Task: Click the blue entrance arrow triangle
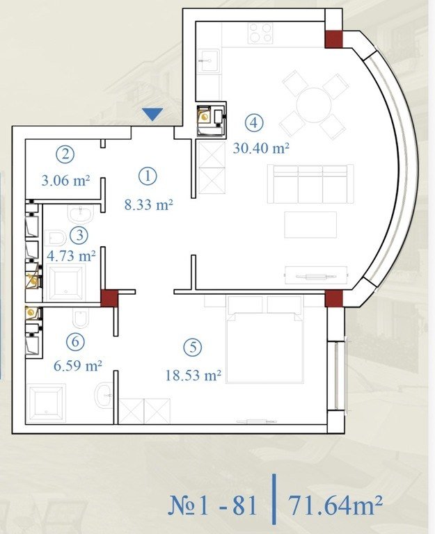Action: tap(152, 114)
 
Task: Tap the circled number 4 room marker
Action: tap(254, 122)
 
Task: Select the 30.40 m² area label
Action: tap(261, 148)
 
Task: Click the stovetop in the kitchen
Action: tap(260, 33)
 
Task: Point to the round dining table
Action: tap(314, 105)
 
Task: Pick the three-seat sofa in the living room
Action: tap(310, 184)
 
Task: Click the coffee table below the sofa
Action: tap(310, 225)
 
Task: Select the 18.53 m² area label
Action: tap(193, 375)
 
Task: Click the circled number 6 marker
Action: tap(75, 341)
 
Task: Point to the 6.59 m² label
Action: tap(78, 366)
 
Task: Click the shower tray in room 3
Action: tap(66, 284)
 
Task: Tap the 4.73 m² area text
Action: tap(71, 255)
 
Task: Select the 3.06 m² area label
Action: tap(66, 180)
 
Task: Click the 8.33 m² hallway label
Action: tap(149, 204)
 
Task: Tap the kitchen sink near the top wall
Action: tap(209, 60)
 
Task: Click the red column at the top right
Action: tap(333, 39)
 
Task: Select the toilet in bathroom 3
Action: tap(56, 238)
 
